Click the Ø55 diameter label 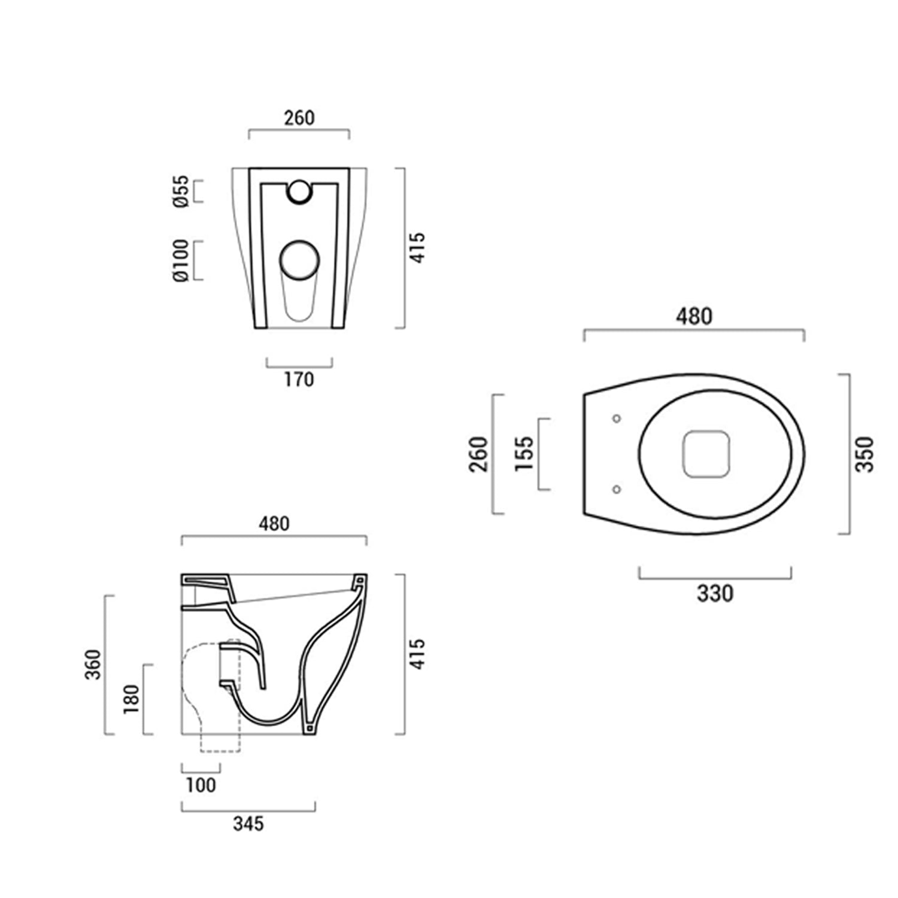[181, 191]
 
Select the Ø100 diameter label [181, 260]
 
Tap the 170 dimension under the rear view [299, 380]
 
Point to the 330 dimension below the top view [715, 593]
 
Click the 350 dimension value [864, 454]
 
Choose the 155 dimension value [524, 454]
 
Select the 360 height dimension [93, 664]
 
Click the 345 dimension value [248, 824]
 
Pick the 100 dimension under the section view [201, 785]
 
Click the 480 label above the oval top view [694, 316]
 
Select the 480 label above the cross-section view [274, 524]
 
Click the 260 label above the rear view [299, 118]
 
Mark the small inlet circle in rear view [299, 191]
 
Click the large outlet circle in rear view [299, 261]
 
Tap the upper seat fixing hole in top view [617, 418]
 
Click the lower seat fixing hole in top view [617, 490]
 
